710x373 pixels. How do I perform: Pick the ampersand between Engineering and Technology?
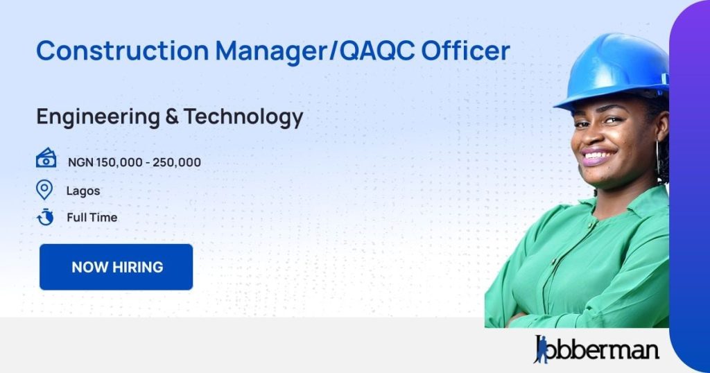pos(171,117)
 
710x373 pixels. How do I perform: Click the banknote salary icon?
pos(46,158)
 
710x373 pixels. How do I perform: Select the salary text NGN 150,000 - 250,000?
pos(135,162)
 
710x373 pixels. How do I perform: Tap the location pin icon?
pos(44,189)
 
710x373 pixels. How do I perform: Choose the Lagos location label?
pos(83,190)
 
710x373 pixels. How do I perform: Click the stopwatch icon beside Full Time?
pos(45,217)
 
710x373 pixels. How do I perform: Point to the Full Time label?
pos(92,217)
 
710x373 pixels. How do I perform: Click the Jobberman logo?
pos(596,349)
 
